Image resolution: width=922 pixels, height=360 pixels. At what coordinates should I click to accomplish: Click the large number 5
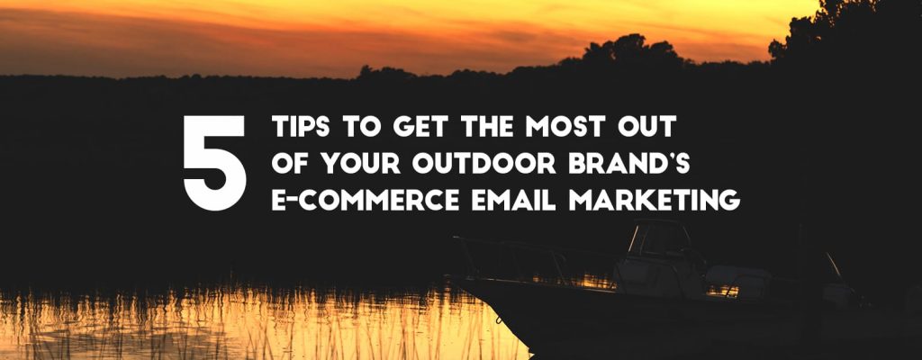click(x=214, y=162)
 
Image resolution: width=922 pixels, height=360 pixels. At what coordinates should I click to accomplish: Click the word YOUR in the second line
click(x=352, y=165)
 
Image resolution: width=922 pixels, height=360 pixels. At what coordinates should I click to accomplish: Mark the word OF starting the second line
click(x=288, y=165)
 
